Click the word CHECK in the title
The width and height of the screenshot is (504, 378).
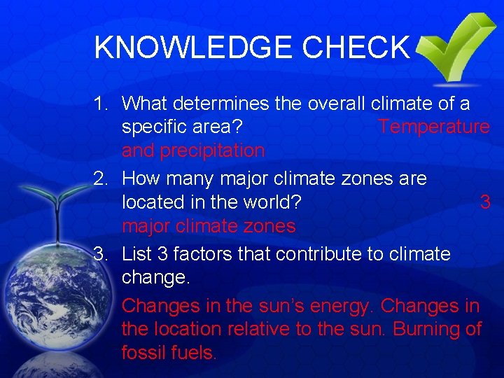pos(355,48)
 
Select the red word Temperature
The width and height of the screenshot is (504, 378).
pos(433,127)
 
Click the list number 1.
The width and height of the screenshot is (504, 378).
pos(102,104)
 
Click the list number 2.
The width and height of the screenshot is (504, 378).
pos(102,178)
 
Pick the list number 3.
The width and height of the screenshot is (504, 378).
pos(102,253)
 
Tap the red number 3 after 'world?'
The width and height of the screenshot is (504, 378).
pos(484,202)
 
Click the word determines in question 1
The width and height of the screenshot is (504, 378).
pos(220,104)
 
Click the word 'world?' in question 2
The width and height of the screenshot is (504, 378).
pos(269,202)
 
